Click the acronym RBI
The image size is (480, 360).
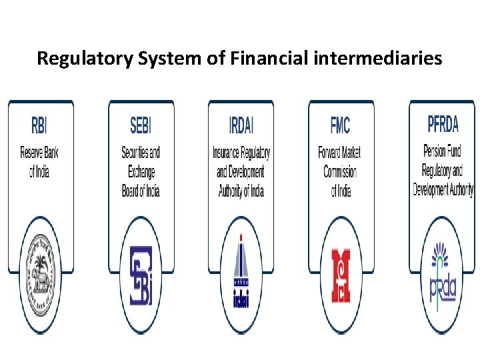(39, 125)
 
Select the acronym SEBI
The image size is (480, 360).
(141, 125)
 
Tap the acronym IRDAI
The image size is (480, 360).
(241, 125)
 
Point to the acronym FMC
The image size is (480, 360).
(340, 125)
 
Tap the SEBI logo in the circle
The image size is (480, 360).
(141, 275)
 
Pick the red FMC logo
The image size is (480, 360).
(341, 275)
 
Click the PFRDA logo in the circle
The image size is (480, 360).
(443, 275)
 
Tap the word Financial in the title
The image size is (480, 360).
(269, 58)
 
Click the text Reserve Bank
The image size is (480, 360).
(39, 153)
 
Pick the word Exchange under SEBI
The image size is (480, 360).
(141, 172)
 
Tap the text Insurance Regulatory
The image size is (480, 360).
(241, 153)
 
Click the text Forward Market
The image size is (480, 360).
(341, 153)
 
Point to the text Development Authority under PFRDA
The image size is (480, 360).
(443, 189)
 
